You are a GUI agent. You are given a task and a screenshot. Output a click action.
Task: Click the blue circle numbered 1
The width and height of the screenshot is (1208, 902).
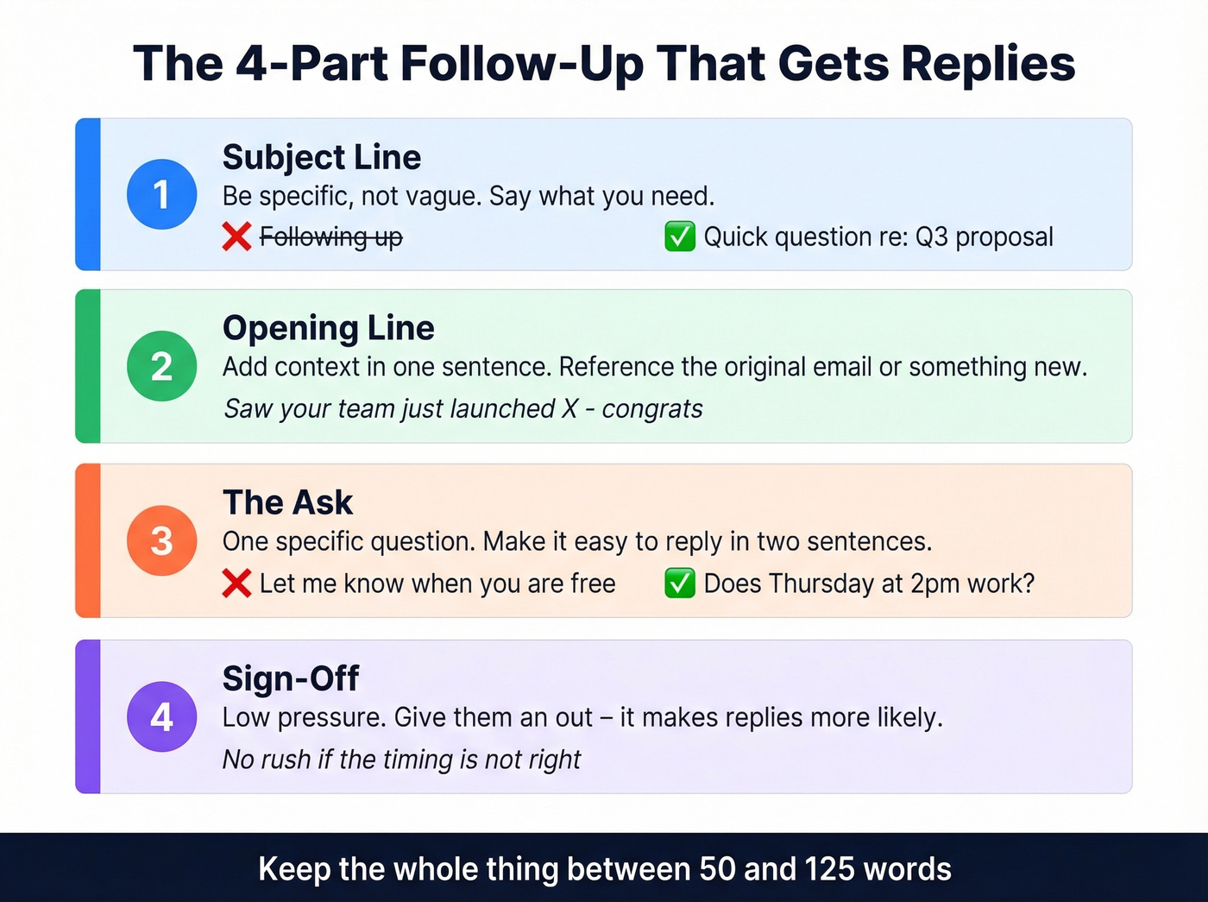pyautogui.click(x=161, y=194)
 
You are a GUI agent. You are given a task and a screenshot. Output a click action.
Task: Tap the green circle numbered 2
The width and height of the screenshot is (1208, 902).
pyautogui.click(x=161, y=366)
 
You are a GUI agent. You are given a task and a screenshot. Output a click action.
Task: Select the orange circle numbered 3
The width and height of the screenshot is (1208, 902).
pyautogui.click(x=161, y=541)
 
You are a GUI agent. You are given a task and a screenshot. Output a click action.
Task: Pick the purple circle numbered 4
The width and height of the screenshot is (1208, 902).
pyautogui.click(x=161, y=716)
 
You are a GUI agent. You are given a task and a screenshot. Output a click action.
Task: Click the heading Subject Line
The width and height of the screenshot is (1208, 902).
pyautogui.click(x=321, y=157)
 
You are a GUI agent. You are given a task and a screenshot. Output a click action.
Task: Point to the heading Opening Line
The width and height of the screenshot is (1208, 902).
pyautogui.click(x=328, y=328)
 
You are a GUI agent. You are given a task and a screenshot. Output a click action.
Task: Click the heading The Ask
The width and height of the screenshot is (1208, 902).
pyautogui.click(x=287, y=502)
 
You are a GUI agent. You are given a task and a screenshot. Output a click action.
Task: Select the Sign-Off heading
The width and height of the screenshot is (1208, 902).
pyautogui.click(x=290, y=678)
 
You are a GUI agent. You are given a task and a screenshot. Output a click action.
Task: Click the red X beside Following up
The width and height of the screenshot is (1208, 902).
pyautogui.click(x=236, y=237)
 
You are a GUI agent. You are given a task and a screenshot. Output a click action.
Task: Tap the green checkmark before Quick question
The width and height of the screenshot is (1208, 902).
pyautogui.click(x=680, y=237)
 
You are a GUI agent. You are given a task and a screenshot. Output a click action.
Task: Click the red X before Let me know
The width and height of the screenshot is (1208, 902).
pyautogui.click(x=236, y=583)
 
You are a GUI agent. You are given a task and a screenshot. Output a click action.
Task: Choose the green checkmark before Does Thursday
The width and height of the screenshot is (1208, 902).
pyautogui.click(x=680, y=583)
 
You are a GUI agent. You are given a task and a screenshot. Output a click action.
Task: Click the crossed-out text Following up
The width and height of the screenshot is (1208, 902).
pyautogui.click(x=330, y=237)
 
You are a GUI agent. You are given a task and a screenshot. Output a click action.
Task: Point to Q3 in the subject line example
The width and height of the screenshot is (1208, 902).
pyautogui.click(x=932, y=237)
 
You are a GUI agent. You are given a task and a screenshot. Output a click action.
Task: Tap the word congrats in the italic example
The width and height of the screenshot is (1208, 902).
pyautogui.click(x=652, y=408)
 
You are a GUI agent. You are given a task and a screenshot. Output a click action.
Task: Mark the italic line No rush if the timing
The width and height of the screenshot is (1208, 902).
pyautogui.click(x=401, y=760)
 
